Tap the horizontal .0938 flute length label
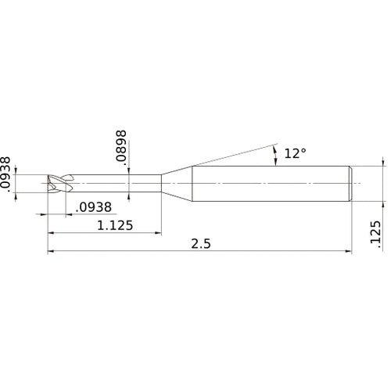tap(95, 208)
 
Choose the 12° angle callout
tap(295, 154)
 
